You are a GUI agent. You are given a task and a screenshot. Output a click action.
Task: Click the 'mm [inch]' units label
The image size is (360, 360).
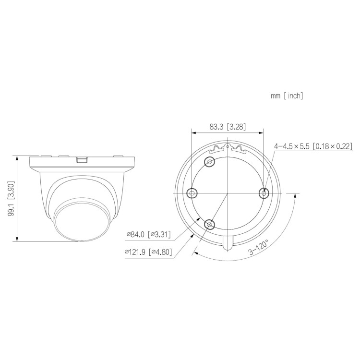287,96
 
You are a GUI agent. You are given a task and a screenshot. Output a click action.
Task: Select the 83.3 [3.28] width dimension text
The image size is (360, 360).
228,127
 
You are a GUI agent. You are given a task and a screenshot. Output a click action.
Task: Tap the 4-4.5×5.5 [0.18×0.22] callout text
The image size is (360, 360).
313,146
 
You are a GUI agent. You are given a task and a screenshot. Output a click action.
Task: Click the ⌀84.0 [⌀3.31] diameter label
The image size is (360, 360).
148,234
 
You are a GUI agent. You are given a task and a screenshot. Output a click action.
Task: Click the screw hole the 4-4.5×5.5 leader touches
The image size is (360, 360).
263,192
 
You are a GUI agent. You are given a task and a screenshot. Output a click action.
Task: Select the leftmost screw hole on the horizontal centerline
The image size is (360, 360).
192,192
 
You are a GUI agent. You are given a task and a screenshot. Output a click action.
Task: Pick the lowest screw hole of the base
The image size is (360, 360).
209,224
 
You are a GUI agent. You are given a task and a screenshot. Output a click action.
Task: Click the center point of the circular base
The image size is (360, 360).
227,192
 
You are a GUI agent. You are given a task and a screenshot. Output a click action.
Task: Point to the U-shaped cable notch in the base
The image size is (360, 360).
228,243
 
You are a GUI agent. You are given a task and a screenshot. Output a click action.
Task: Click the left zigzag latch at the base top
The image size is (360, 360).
219,148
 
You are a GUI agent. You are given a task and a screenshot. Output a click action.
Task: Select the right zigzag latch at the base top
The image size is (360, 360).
236,148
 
